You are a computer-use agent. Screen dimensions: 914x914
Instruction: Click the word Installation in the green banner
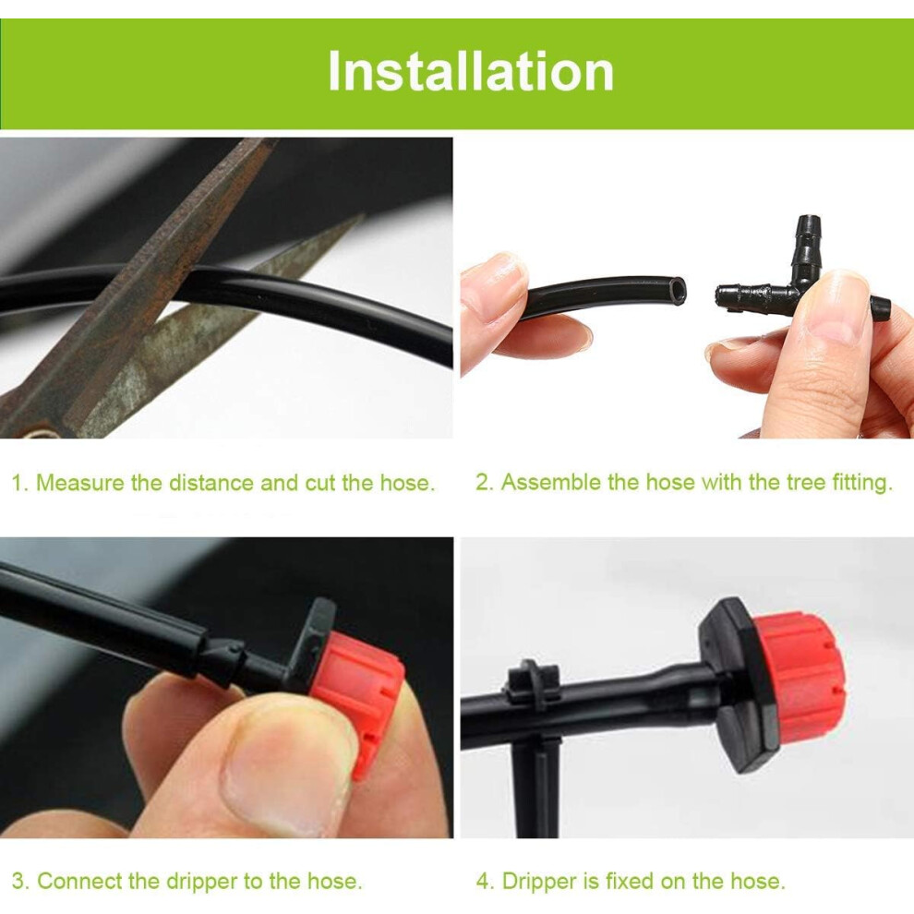(x=471, y=72)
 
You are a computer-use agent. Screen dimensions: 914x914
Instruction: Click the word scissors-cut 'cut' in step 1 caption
(x=320, y=483)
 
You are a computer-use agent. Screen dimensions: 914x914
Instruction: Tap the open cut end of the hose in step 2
(x=677, y=291)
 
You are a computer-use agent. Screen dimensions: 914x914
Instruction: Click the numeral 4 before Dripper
(x=483, y=881)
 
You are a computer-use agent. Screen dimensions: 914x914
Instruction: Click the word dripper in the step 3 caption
(x=202, y=881)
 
